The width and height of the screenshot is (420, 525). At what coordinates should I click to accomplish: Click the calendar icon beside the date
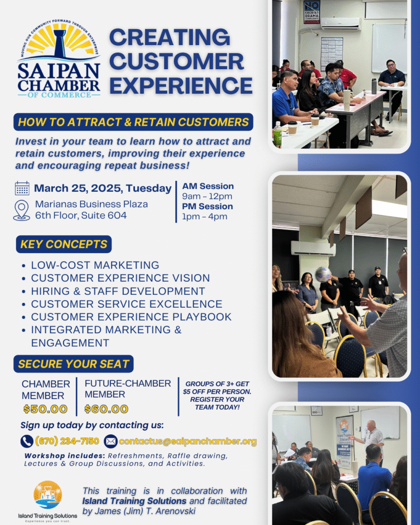(22, 188)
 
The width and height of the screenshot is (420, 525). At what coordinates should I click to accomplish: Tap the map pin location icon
(22, 210)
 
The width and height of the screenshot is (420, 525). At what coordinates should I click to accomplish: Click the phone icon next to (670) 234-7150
(27, 441)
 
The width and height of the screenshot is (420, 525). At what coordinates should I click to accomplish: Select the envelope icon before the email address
(111, 441)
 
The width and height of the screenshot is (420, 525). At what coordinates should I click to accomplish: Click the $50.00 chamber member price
(46, 409)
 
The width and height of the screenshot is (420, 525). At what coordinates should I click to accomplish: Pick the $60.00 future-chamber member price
(106, 409)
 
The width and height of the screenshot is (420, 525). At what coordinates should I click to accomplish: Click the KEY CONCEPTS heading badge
(64, 245)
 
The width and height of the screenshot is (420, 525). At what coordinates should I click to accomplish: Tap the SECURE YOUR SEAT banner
(74, 364)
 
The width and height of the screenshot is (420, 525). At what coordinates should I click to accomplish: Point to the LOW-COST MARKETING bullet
(95, 265)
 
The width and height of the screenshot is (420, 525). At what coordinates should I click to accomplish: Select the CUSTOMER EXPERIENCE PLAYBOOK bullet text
(131, 317)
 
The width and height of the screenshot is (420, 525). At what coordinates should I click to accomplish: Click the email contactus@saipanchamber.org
(188, 441)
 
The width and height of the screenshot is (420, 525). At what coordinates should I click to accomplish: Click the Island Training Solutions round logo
(48, 495)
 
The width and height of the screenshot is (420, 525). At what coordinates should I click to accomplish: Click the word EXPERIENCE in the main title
(181, 86)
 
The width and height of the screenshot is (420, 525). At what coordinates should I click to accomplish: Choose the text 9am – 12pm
(207, 196)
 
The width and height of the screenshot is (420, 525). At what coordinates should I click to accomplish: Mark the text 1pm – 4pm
(205, 217)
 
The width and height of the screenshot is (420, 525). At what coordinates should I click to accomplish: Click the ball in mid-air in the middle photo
(324, 274)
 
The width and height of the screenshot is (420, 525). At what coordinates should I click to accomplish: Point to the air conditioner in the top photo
(341, 24)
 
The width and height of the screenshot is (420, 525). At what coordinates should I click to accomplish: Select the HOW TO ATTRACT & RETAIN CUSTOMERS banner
(133, 122)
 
